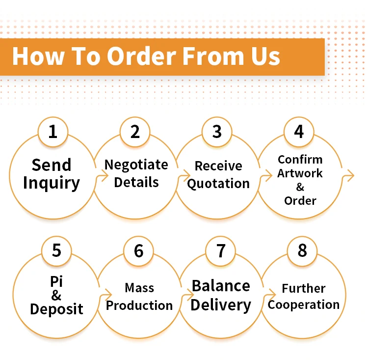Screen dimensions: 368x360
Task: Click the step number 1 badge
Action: click(53, 132)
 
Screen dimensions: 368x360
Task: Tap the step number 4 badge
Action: click(299, 132)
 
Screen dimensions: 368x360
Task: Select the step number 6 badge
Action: click(139, 251)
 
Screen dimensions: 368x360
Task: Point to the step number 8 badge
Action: click(302, 251)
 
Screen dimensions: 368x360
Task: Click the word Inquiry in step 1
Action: click(52, 183)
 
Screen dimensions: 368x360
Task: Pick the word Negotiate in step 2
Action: click(136, 165)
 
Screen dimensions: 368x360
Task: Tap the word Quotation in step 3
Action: click(218, 184)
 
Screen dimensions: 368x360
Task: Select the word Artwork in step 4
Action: click(300, 173)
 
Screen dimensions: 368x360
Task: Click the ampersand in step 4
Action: click(300, 187)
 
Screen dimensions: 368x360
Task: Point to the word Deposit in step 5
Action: click(56, 309)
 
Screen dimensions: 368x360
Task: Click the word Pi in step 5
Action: click(56, 281)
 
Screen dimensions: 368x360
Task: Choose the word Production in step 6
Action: click(139, 305)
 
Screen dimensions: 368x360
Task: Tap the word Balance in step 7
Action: click(221, 286)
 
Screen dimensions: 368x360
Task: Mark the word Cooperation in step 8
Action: click(304, 305)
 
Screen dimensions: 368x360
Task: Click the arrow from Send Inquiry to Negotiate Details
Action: click(105, 175)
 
